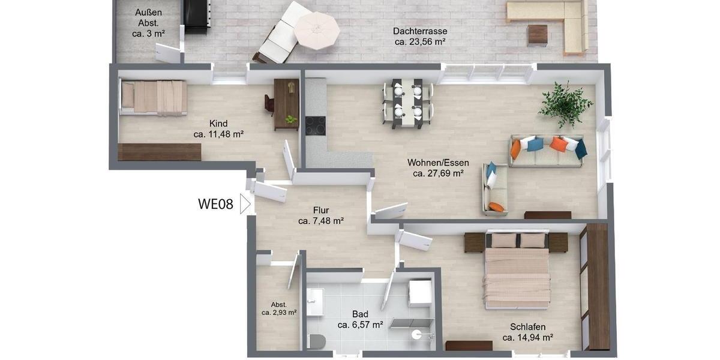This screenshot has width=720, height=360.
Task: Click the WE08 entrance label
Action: click(x=215, y=204)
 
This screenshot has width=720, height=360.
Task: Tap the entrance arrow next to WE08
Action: click(x=244, y=204)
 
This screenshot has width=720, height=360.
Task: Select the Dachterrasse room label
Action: click(x=420, y=31)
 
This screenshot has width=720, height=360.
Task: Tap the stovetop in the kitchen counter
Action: click(x=315, y=125)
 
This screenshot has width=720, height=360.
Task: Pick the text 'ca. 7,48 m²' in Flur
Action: click(x=320, y=221)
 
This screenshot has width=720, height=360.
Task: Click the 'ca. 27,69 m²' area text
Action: click(x=438, y=173)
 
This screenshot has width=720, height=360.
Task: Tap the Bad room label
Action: click(x=360, y=314)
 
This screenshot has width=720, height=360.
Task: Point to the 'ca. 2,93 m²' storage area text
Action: click(x=279, y=313)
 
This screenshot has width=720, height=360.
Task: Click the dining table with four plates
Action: click(x=407, y=103)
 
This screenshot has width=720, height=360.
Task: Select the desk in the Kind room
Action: click(x=286, y=104)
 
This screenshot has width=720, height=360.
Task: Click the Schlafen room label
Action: click(x=527, y=326)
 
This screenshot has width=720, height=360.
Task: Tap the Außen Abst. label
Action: click(x=149, y=17)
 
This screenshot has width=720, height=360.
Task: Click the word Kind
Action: click(x=218, y=124)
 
